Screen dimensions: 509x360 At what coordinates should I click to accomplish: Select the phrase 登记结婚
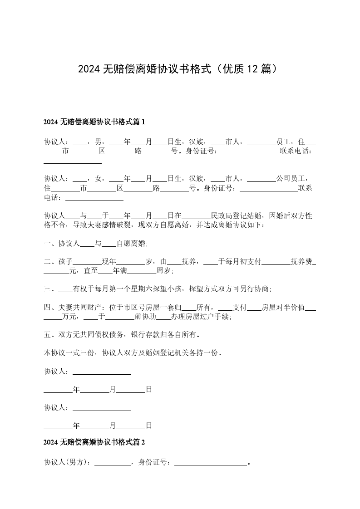pos(248,215)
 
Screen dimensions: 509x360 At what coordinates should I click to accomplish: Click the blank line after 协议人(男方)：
pos(112,463)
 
